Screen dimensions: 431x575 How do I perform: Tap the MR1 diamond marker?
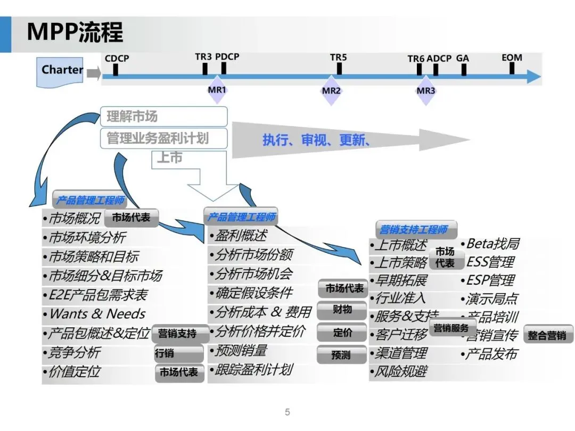[x=217, y=90]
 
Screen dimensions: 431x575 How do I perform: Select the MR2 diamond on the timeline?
[x=331, y=90]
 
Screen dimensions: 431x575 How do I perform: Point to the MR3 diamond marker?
[x=426, y=90]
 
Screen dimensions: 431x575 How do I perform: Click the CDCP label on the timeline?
[x=117, y=58]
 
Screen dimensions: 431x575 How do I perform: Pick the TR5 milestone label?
[x=338, y=57]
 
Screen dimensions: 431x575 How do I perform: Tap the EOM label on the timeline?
[x=512, y=57]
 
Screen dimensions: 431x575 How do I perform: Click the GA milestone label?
[x=463, y=58]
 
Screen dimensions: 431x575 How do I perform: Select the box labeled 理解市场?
[x=163, y=117]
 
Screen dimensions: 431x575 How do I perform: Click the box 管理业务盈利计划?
[x=163, y=138]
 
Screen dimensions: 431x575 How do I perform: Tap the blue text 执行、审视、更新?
[x=316, y=140]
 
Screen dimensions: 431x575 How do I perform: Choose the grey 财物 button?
[x=342, y=310]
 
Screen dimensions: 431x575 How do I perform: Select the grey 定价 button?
[x=342, y=333]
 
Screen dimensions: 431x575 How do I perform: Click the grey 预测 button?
[x=341, y=354]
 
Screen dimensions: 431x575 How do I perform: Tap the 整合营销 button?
[x=548, y=335]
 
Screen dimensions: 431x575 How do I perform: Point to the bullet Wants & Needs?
[x=97, y=314]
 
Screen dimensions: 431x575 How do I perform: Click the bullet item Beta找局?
[x=492, y=244]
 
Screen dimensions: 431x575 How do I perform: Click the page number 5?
[x=287, y=412]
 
